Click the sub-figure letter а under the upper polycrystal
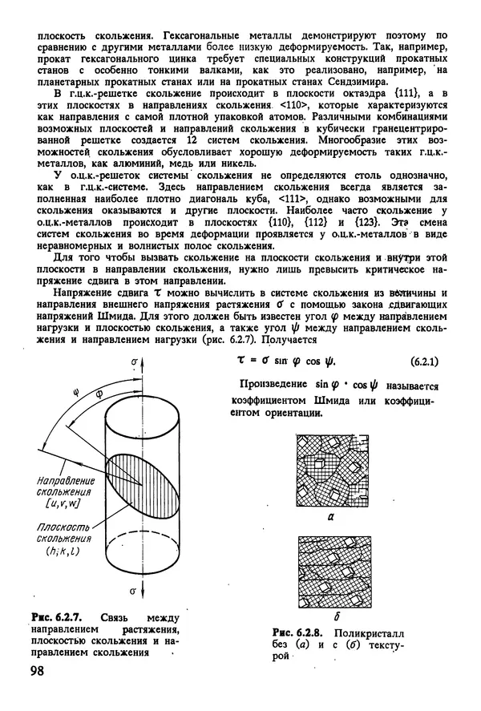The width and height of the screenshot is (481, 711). pos(332,519)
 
